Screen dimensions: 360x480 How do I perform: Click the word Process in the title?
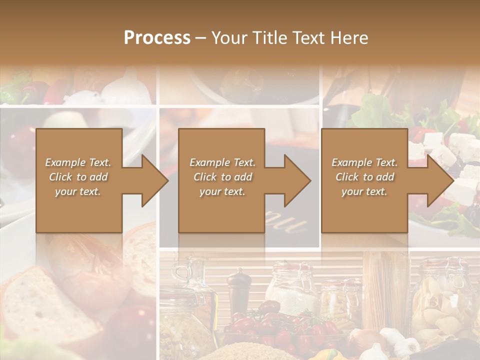[x=157, y=38]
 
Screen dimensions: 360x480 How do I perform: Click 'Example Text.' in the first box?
[x=78, y=162]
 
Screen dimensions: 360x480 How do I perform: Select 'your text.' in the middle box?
[x=222, y=191]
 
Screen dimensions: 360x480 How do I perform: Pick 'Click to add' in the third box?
[x=364, y=177]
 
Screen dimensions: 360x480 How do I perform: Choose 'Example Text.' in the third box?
[x=364, y=162]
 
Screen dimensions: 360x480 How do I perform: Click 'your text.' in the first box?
[x=78, y=191]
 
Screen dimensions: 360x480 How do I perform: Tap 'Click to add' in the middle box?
[x=222, y=177]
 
